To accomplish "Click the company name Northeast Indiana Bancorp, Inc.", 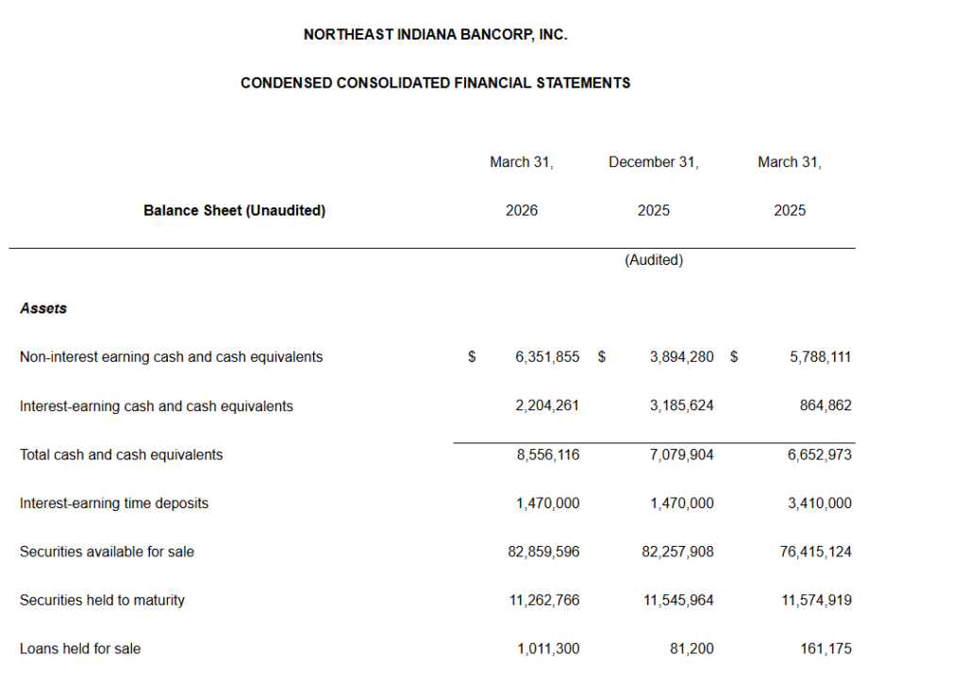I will click(435, 35).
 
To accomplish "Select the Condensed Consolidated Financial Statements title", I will click(435, 83).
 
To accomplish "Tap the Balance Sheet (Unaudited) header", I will click(234, 211).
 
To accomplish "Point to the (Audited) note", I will click(654, 260).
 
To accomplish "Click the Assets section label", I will click(43, 308).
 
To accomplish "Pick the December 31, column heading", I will click(654, 162).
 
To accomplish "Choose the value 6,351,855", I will click(547, 357).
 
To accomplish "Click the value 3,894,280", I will click(681, 357).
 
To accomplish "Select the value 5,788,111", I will click(820, 357).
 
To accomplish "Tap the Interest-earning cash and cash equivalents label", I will click(157, 406).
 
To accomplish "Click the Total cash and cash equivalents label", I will click(122, 454).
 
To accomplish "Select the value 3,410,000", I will click(820, 504).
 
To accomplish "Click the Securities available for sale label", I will click(107, 552).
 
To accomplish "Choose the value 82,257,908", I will click(677, 552).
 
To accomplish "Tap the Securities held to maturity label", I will click(102, 601).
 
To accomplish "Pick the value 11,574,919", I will click(816, 601).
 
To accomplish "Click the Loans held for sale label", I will click(80, 649).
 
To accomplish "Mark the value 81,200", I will click(691, 649).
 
